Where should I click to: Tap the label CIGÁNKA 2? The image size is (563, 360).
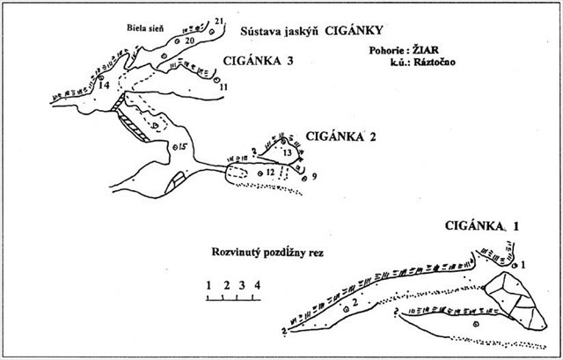(341, 136)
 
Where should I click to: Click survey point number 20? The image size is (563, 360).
(189, 41)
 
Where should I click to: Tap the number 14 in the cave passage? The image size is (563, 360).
(105, 86)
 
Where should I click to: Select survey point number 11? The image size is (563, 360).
(223, 87)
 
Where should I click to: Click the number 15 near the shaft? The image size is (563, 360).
(183, 146)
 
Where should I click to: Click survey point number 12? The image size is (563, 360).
(271, 173)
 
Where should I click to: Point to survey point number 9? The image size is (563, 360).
(314, 177)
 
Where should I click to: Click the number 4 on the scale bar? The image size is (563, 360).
(257, 284)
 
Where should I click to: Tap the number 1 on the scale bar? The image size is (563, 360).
(209, 284)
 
